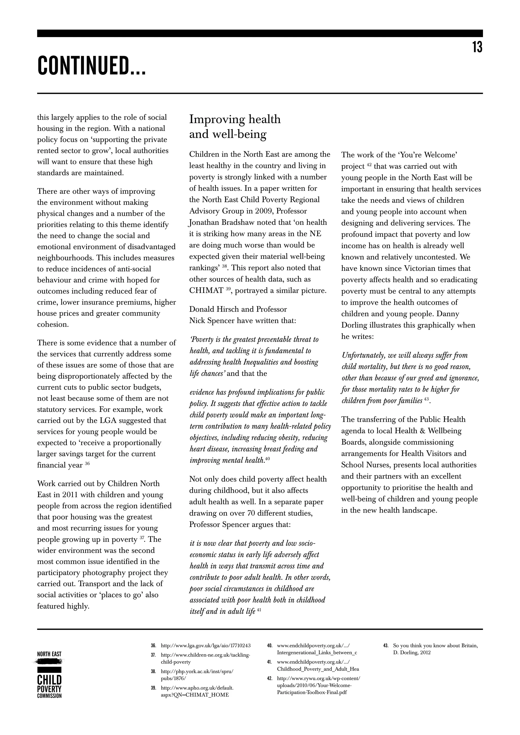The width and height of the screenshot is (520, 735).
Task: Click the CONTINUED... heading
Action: pos(92,66)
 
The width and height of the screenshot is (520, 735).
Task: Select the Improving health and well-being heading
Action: pos(235,126)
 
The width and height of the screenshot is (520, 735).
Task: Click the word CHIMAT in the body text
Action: pos(206,291)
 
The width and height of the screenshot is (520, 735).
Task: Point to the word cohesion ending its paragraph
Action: pos(53,325)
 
